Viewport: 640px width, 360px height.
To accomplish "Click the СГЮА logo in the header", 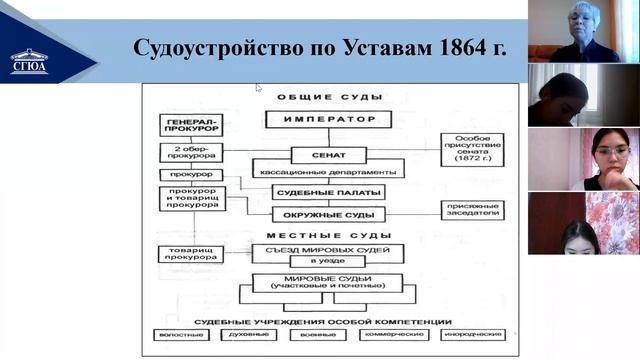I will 29,61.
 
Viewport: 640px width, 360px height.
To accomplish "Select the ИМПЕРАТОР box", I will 328,120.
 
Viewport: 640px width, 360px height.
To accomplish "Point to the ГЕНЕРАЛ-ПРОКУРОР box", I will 190,125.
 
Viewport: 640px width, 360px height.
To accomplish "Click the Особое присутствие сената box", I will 472,148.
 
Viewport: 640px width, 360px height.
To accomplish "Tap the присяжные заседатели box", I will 472,210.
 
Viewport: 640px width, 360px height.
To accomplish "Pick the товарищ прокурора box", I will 190,254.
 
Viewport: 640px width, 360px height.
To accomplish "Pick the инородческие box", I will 471,334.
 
